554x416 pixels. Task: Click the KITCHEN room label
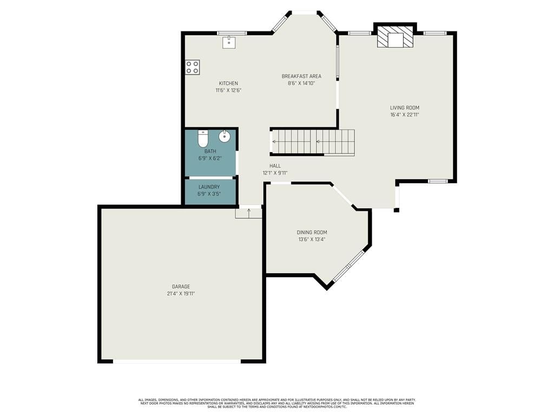228,83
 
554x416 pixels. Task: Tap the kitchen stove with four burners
193,67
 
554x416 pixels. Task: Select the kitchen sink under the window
229,42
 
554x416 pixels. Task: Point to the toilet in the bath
203,138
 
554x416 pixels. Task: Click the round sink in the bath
225,136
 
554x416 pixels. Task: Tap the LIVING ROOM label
405,108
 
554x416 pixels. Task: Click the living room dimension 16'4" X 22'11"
405,115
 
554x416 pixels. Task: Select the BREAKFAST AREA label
301,76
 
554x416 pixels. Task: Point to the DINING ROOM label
312,232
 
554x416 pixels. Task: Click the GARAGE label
181,287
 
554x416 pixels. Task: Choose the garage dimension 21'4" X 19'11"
181,294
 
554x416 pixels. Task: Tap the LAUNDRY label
209,187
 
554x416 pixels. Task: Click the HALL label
275,166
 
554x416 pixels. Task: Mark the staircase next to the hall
312,142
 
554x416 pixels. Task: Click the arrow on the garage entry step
249,212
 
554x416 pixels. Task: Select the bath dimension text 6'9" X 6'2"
210,159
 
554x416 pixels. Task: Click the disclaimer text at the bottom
277,403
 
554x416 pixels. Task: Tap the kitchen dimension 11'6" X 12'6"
228,90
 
